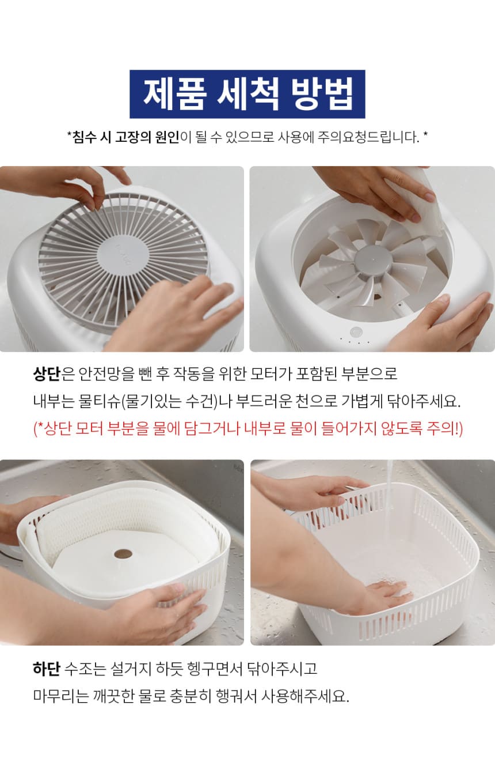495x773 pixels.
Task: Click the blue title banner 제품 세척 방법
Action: point(247,94)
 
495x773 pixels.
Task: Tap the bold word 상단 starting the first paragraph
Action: point(47,374)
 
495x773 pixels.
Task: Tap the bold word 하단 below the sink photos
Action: point(47,669)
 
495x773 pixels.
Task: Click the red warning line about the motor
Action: point(248,429)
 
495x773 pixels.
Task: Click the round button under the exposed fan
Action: point(356,332)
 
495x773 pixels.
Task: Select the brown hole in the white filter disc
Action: point(123,554)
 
